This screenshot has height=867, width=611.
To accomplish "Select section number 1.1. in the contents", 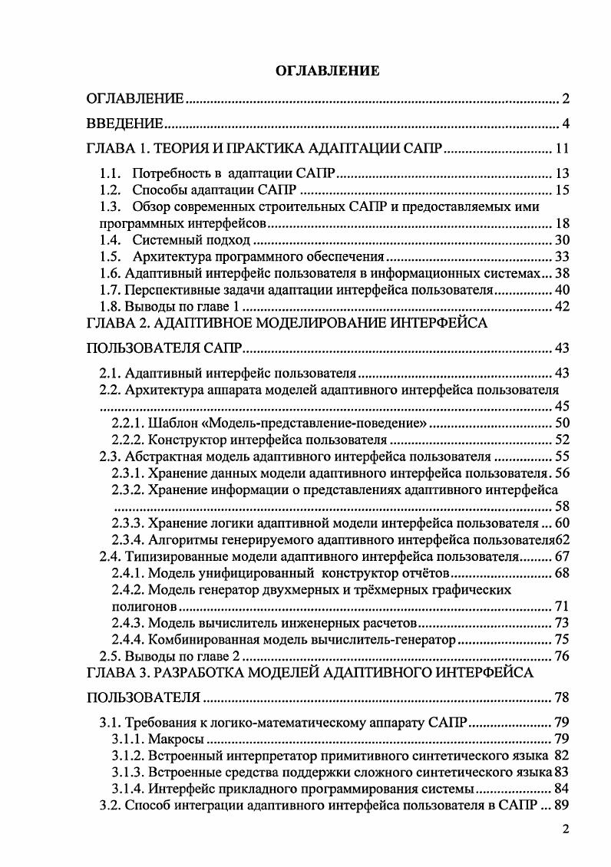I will (x=111, y=173).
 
